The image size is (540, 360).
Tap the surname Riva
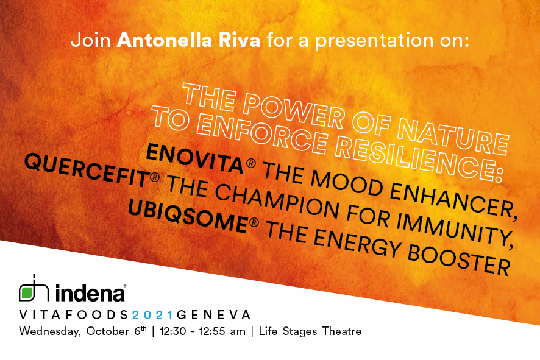[x=239, y=41]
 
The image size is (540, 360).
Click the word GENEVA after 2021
[x=213, y=315]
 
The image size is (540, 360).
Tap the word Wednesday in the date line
[x=50, y=332]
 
